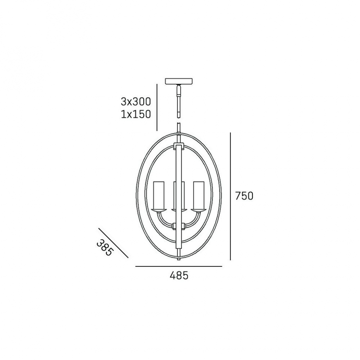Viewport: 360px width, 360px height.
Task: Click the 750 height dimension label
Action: pyautogui.click(x=244, y=196)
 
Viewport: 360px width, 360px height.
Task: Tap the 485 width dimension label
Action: pyautogui.click(x=179, y=275)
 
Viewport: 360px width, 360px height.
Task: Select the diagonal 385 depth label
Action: pyautogui.click(x=105, y=248)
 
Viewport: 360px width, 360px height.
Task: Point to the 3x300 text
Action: pyautogui.click(x=136, y=102)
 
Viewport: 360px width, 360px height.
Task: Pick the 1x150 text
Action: pyautogui.click(x=136, y=114)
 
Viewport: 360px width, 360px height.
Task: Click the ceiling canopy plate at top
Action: pyautogui.click(x=179, y=81)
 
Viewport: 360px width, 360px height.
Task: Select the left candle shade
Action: pyautogui.click(x=159, y=195)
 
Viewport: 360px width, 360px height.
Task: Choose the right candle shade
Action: pyautogui.click(x=199, y=195)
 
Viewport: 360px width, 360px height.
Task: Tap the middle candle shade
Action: pyautogui.click(x=179, y=195)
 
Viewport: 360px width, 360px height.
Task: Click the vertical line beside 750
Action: pyautogui.click(x=230, y=196)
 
